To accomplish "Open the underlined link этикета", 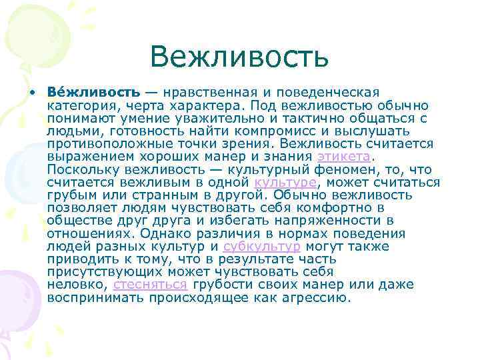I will (343, 157).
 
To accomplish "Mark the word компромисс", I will (294, 131).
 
